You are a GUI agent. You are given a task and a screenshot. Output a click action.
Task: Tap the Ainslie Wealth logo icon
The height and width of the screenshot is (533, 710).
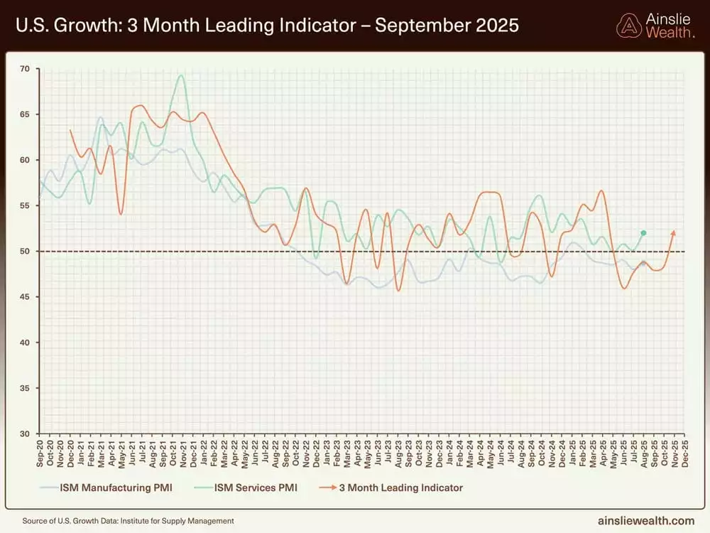click(x=628, y=26)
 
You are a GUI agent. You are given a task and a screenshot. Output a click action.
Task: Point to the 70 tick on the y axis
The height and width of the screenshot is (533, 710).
click(x=25, y=69)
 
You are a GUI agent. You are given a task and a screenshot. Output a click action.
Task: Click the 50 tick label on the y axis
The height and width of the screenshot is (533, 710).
click(x=25, y=252)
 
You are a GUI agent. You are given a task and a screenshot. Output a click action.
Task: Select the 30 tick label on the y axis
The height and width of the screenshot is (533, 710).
click(x=25, y=434)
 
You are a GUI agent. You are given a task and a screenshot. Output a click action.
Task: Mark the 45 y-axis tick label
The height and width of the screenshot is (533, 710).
click(x=25, y=297)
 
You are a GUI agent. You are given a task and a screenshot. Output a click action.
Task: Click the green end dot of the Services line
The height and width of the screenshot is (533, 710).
click(x=643, y=233)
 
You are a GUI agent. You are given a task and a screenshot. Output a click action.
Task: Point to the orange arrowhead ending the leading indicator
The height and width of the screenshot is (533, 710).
click(x=674, y=232)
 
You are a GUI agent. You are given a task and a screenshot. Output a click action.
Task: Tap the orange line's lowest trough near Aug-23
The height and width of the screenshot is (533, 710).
click(x=399, y=290)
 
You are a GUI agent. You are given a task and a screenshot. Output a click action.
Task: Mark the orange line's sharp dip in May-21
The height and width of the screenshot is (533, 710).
click(x=121, y=214)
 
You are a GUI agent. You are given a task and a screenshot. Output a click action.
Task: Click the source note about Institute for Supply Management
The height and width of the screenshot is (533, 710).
click(x=128, y=521)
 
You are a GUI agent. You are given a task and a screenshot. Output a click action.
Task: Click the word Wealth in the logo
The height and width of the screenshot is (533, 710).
click(x=670, y=33)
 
